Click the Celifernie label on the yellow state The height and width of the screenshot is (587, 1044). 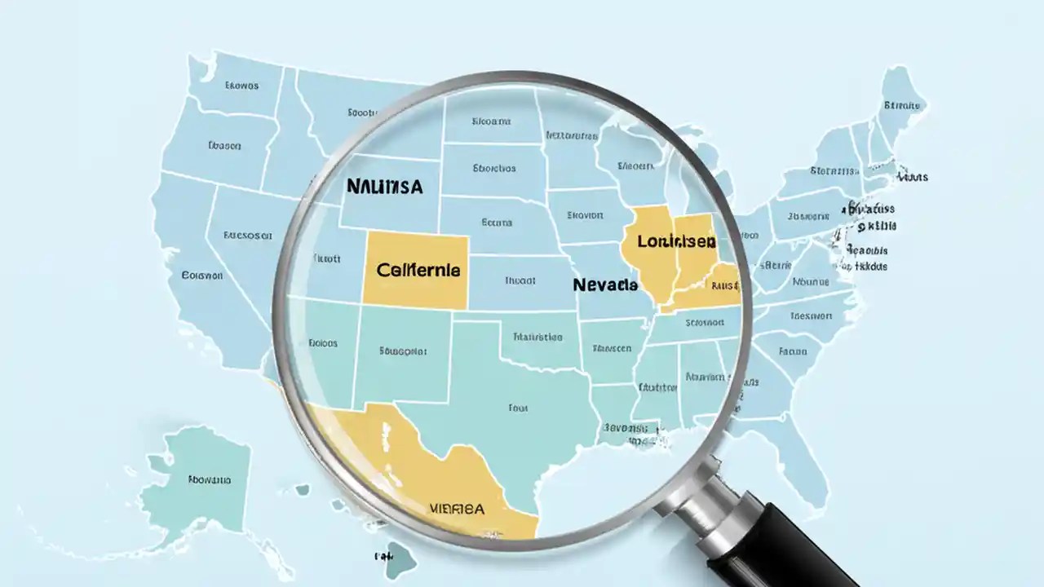point(418,269)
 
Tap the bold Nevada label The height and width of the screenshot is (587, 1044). point(605,285)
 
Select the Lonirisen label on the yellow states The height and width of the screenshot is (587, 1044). point(676,241)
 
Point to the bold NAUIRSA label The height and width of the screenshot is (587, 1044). point(385,186)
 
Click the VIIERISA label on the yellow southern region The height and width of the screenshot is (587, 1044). point(456,509)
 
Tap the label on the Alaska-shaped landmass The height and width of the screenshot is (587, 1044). point(209,480)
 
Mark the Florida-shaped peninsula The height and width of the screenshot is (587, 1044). point(803,457)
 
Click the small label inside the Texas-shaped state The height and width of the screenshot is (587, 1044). point(517,407)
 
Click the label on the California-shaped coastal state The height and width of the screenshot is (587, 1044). point(201,276)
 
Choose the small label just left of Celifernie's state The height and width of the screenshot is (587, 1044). point(326,258)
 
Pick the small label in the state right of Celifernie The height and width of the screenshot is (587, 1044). point(520,280)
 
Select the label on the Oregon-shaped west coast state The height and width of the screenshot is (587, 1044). point(224,146)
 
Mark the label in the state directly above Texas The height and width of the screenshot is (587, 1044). point(537,336)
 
